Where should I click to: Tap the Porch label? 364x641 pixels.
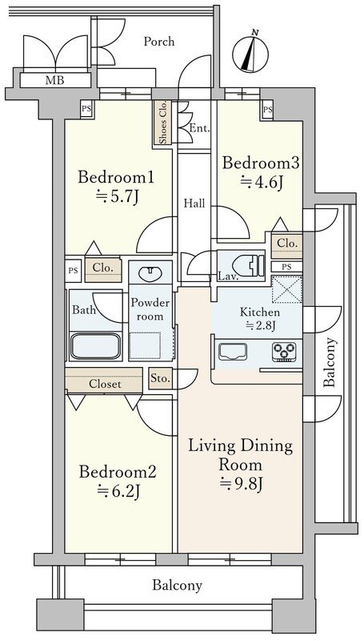point(158,42)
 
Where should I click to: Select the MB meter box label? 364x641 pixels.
point(54,80)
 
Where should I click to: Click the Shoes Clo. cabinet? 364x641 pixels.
point(162,123)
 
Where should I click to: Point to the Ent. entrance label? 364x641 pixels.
point(199,129)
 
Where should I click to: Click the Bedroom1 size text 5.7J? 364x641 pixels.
point(117,197)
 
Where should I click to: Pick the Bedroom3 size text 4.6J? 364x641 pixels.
point(262,183)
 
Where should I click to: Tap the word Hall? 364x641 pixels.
point(194,204)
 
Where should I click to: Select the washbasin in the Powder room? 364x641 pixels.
point(150,273)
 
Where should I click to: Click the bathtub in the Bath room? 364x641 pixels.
point(96,347)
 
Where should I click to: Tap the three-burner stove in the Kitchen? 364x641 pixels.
point(284,352)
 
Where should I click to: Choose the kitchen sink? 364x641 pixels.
point(233,352)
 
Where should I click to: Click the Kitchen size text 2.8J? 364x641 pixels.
point(260,326)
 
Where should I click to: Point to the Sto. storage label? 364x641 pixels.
point(160,378)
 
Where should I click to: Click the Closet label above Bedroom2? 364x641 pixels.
point(105,385)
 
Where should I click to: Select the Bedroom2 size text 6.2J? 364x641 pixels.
point(118,490)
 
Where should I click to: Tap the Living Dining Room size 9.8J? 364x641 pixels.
point(240,484)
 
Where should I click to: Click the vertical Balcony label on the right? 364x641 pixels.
point(330,362)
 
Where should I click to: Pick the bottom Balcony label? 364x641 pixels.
point(177,586)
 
